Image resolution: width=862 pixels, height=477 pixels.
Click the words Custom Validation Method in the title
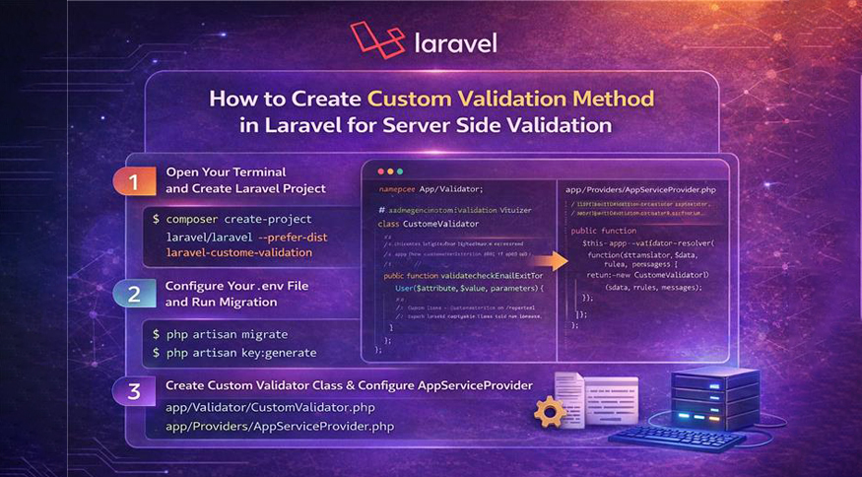coord(509,99)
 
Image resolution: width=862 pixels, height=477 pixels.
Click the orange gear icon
coord(549,411)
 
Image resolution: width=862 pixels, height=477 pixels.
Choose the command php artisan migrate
coord(227,335)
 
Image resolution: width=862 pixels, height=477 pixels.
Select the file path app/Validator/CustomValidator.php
coord(269,407)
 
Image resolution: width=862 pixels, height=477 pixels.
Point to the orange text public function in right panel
coord(604,229)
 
